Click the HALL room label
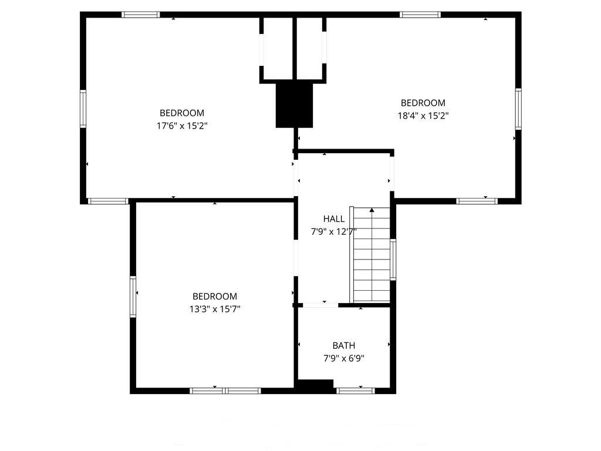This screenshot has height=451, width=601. (333, 218)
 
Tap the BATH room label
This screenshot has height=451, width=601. (343, 345)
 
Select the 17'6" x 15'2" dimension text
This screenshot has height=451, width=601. (182, 126)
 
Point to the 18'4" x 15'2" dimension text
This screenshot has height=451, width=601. (423, 116)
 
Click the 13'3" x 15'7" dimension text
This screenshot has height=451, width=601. (215, 309)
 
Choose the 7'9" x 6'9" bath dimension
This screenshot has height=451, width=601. (344, 358)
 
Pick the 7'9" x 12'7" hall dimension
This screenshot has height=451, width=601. (333, 231)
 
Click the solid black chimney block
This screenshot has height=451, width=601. (295, 105)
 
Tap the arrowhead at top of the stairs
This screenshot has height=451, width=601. (372, 210)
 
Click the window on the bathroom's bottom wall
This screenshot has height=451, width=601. (356, 391)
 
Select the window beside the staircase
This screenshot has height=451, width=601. (393, 260)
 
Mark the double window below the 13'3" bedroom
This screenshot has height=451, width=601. (225, 391)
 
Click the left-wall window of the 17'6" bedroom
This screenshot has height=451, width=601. (83, 109)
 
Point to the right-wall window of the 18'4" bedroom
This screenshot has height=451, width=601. (518, 109)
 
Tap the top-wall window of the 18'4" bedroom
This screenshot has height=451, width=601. (420, 15)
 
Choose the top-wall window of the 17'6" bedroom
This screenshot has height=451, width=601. (141, 15)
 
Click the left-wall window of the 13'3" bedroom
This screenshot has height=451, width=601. (133, 297)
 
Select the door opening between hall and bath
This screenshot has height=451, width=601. (320, 305)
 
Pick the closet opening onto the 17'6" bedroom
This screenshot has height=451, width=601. (261, 50)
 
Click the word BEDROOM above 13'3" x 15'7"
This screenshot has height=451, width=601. (215, 297)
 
